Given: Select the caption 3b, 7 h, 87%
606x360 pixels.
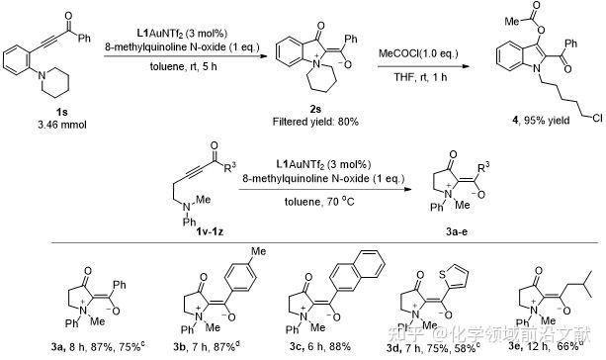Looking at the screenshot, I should pos(182,343).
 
